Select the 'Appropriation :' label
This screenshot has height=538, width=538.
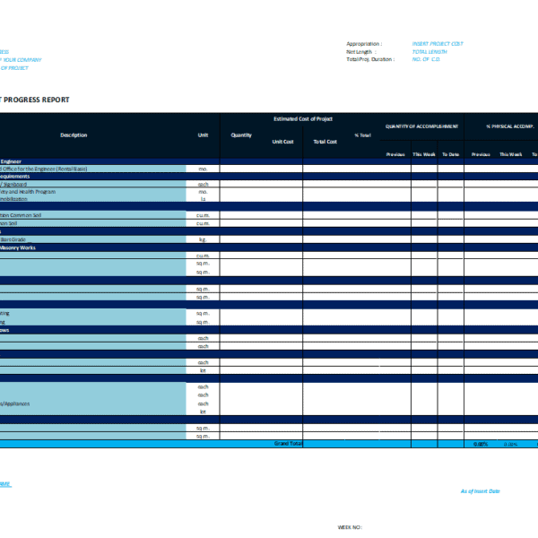click(x=364, y=44)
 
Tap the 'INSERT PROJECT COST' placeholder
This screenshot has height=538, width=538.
click(x=438, y=44)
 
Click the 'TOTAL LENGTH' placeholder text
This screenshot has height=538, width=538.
click(x=430, y=52)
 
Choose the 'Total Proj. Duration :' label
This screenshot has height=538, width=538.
click(x=370, y=59)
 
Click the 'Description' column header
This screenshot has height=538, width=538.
click(x=74, y=135)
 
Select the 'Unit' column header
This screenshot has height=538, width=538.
click(x=203, y=135)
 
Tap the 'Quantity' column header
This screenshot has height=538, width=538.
click(x=241, y=135)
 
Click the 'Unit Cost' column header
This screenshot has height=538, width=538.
click(x=282, y=142)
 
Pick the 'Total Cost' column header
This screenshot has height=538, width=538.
click(x=325, y=142)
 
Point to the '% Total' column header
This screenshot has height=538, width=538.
click(x=363, y=135)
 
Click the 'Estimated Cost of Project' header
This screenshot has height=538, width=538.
click(x=302, y=118)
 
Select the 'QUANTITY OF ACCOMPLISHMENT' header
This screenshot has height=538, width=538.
click(x=422, y=126)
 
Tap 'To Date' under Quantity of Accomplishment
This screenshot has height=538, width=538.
click(x=450, y=154)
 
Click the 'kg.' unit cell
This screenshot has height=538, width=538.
click(x=203, y=239)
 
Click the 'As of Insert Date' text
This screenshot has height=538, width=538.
click(x=480, y=491)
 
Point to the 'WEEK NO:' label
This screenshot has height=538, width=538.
click(x=349, y=527)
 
